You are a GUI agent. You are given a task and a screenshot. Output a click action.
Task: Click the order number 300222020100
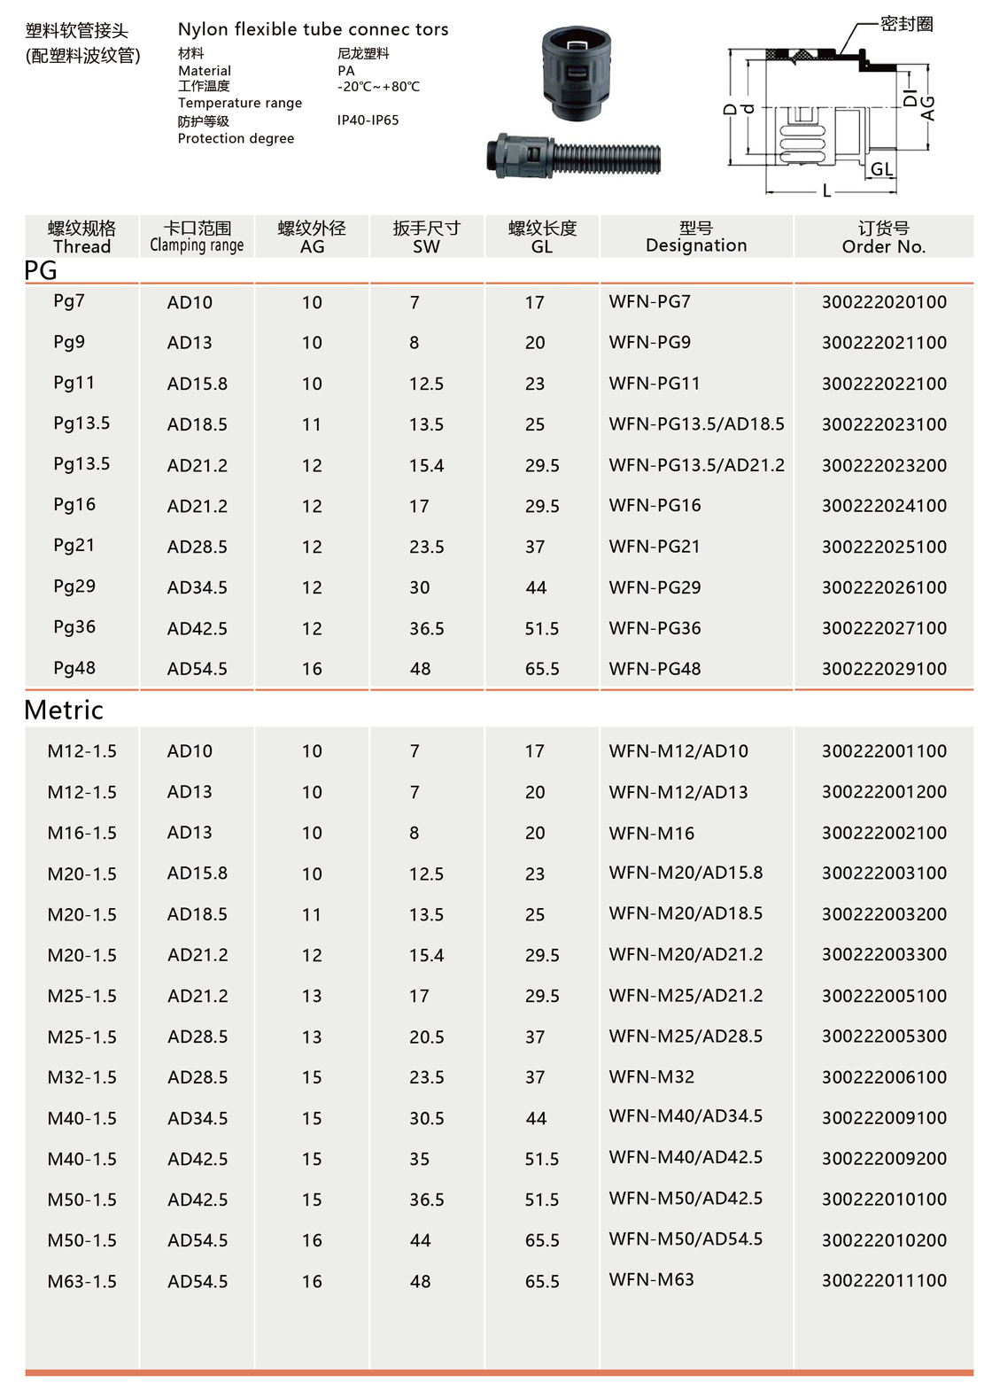point(884,302)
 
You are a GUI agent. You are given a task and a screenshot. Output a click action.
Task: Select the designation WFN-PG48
point(655,669)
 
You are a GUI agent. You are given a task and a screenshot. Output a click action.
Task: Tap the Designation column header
point(696,237)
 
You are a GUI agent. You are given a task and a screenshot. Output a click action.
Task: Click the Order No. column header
point(884,237)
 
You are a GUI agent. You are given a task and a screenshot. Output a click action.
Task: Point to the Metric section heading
point(64,710)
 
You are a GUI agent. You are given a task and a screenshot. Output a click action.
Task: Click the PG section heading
point(41,270)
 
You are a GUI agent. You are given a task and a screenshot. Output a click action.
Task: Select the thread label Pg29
point(74,586)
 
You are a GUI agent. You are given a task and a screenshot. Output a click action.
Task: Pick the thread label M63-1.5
point(82,1281)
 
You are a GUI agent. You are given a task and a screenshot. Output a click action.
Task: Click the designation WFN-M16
point(652,833)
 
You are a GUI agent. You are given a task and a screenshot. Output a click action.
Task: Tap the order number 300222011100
point(884,1280)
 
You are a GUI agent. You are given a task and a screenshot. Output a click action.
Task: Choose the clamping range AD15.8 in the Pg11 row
point(198,384)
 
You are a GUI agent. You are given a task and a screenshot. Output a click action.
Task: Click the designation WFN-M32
point(652,1077)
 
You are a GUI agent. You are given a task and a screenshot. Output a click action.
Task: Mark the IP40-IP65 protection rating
point(368,120)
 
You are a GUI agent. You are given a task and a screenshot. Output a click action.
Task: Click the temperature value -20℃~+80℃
point(378,87)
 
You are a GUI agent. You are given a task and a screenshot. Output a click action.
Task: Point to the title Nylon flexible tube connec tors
point(313,29)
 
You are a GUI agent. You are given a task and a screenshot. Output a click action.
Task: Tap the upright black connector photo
point(577,73)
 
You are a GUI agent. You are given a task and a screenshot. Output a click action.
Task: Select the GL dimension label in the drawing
point(881,169)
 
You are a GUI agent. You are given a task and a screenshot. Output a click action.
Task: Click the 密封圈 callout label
point(907,24)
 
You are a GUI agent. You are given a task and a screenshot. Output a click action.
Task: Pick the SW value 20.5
point(427,1037)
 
